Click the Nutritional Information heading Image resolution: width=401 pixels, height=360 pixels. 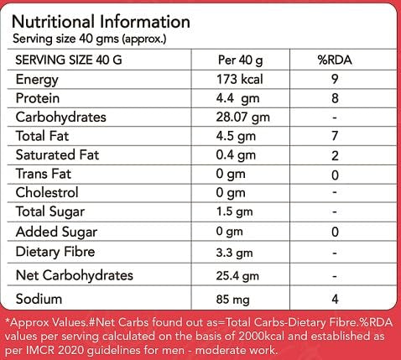coord(102,20)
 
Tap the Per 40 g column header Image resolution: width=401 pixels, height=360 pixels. coord(240,61)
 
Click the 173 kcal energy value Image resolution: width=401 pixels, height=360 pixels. coord(240,80)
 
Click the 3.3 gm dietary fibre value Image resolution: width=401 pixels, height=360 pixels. coord(237,251)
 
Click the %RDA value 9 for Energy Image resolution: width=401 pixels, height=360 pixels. coord(335,80)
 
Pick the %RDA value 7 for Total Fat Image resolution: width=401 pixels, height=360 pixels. coord(335,135)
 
